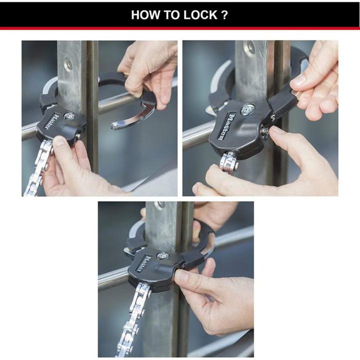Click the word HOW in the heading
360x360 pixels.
pyautogui.click(x=145, y=15)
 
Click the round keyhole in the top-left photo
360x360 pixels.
pyautogui.click(x=69, y=116)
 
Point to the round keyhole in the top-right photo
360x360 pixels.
pyautogui.click(x=246, y=109)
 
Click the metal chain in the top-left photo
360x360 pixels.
pyautogui.click(x=38, y=169)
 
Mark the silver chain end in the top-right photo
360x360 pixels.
pyautogui.click(x=228, y=163)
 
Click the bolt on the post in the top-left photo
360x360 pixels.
pyautogui.click(x=68, y=64)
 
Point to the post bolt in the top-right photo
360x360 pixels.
pyautogui.click(x=248, y=48)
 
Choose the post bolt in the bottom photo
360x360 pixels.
pyautogui.click(x=159, y=205)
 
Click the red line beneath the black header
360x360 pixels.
pyautogui.click(x=180, y=28)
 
